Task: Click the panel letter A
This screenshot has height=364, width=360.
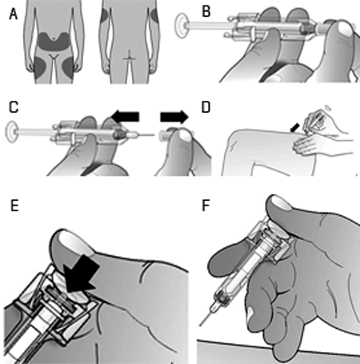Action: [13, 14]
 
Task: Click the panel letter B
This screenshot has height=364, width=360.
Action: [206, 12]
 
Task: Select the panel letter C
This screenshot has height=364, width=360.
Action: [14, 107]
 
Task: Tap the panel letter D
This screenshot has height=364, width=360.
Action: [206, 107]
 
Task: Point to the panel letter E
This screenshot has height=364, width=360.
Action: [14, 206]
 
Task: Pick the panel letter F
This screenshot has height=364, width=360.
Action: [206, 206]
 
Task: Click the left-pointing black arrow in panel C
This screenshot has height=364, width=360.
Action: [125, 117]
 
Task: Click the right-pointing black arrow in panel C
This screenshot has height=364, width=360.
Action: [174, 117]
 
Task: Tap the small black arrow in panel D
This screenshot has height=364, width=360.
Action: [295, 127]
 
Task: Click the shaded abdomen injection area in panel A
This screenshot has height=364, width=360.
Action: [54, 42]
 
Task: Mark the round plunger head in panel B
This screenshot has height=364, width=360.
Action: [182, 26]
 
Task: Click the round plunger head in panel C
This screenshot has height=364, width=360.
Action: [12, 132]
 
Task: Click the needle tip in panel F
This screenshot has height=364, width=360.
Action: [200, 326]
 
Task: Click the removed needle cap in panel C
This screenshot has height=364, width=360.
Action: [165, 135]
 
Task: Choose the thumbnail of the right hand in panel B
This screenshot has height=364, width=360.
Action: [344, 30]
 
